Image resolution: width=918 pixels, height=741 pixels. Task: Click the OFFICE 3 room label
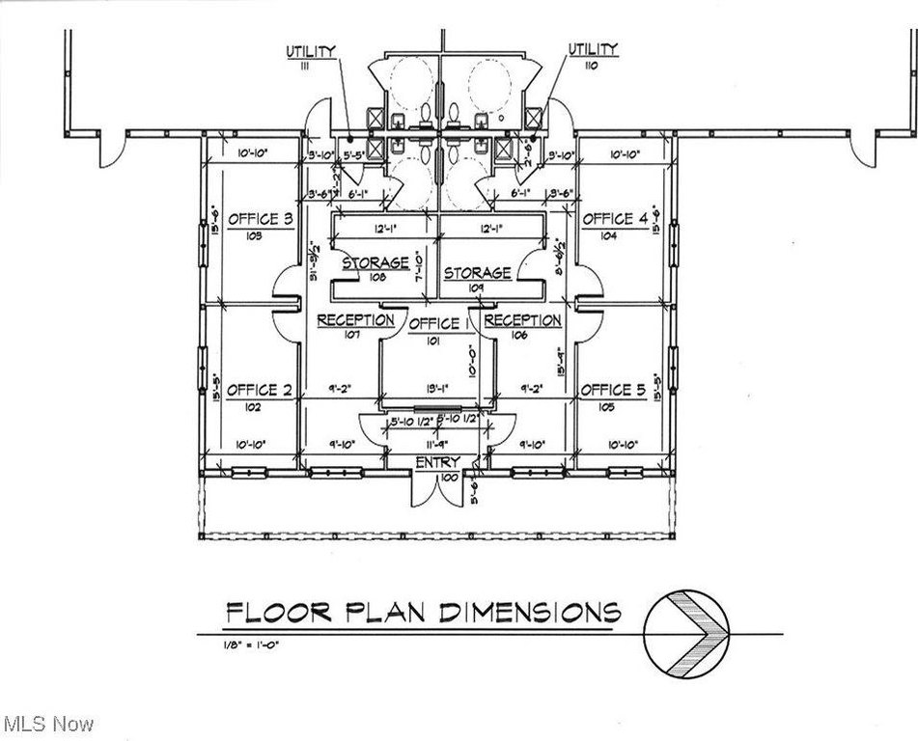coord(261,220)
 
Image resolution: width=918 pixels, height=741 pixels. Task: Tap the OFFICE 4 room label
coord(614,219)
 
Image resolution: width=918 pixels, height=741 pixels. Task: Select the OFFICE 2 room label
coord(259,390)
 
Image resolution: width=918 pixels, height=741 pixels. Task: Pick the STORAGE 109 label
coord(477,273)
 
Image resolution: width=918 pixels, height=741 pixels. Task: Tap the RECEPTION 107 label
coord(356,320)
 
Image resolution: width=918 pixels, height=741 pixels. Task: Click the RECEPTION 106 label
coord(522,320)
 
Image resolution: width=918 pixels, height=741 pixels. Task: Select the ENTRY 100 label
coord(437,463)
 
